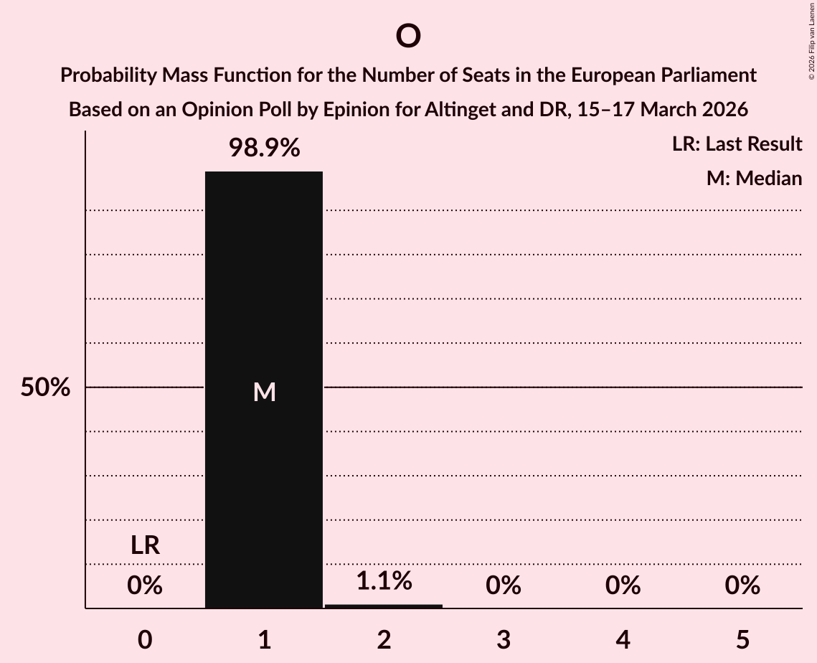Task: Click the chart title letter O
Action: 407,36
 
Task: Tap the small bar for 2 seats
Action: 384,606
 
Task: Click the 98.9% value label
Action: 264,149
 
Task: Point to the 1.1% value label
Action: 384,581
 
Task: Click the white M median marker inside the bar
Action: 265,392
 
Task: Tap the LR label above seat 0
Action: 145,546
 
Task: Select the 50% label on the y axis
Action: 45,388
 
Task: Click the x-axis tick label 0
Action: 145,640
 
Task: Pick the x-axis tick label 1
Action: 265,640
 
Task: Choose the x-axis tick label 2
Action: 384,640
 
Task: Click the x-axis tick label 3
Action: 504,640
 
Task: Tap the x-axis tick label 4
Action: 623,640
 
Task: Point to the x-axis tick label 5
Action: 742,640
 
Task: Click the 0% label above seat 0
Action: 145,586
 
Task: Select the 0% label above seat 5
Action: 742,586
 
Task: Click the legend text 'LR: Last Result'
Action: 737,144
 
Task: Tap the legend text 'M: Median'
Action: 754,178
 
